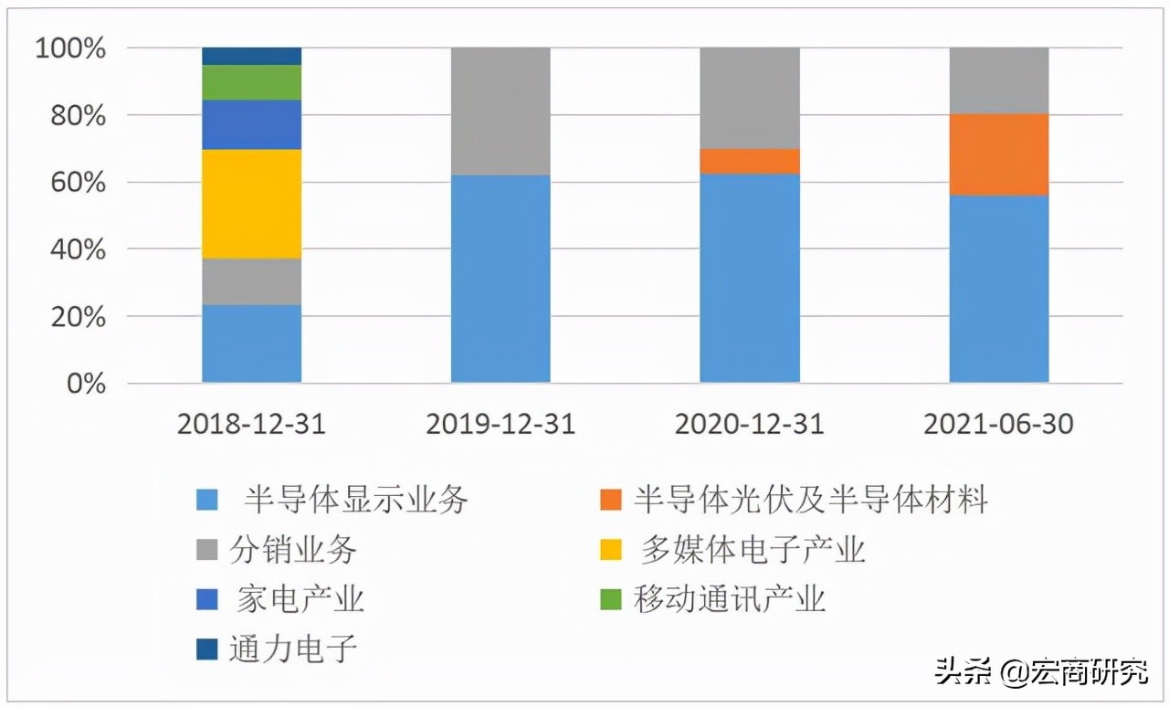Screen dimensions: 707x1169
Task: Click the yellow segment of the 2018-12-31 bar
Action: click(x=251, y=204)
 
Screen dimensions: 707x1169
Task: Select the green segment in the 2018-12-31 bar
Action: click(x=251, y=82)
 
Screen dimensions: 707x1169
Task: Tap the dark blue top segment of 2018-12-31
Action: click(x=251, y=56)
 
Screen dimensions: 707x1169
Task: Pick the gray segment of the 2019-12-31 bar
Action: click(x=500, y=111)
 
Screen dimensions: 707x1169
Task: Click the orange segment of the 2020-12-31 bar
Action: click(x=750, y=161)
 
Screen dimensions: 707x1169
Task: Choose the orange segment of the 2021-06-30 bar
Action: click(x=999, y=154)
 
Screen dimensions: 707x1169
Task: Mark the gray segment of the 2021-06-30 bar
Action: click(x=999, y=80)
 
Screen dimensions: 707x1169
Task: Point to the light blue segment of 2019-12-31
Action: click(x=500, y=279)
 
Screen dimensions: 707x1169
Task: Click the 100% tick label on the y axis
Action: click(x=71, y=48)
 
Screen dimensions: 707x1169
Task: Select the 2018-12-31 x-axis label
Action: click(x=251, y=425)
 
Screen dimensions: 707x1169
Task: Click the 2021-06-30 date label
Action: click(x=999, y=425)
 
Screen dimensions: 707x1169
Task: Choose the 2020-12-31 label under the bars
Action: click(x=750, y=425)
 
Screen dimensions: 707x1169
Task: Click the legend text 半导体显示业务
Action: click(x=356, y=500)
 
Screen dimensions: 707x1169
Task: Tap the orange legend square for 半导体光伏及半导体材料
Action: click(x=611, y=500)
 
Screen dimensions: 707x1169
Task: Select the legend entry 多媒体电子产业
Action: click(x=753, y=550)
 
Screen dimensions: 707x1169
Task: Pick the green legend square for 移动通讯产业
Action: click(x=611, y=600)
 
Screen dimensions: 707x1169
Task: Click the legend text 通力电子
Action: click(x=292, y=649)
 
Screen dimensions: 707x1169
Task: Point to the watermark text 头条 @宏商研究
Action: click(x=1041, y=673)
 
